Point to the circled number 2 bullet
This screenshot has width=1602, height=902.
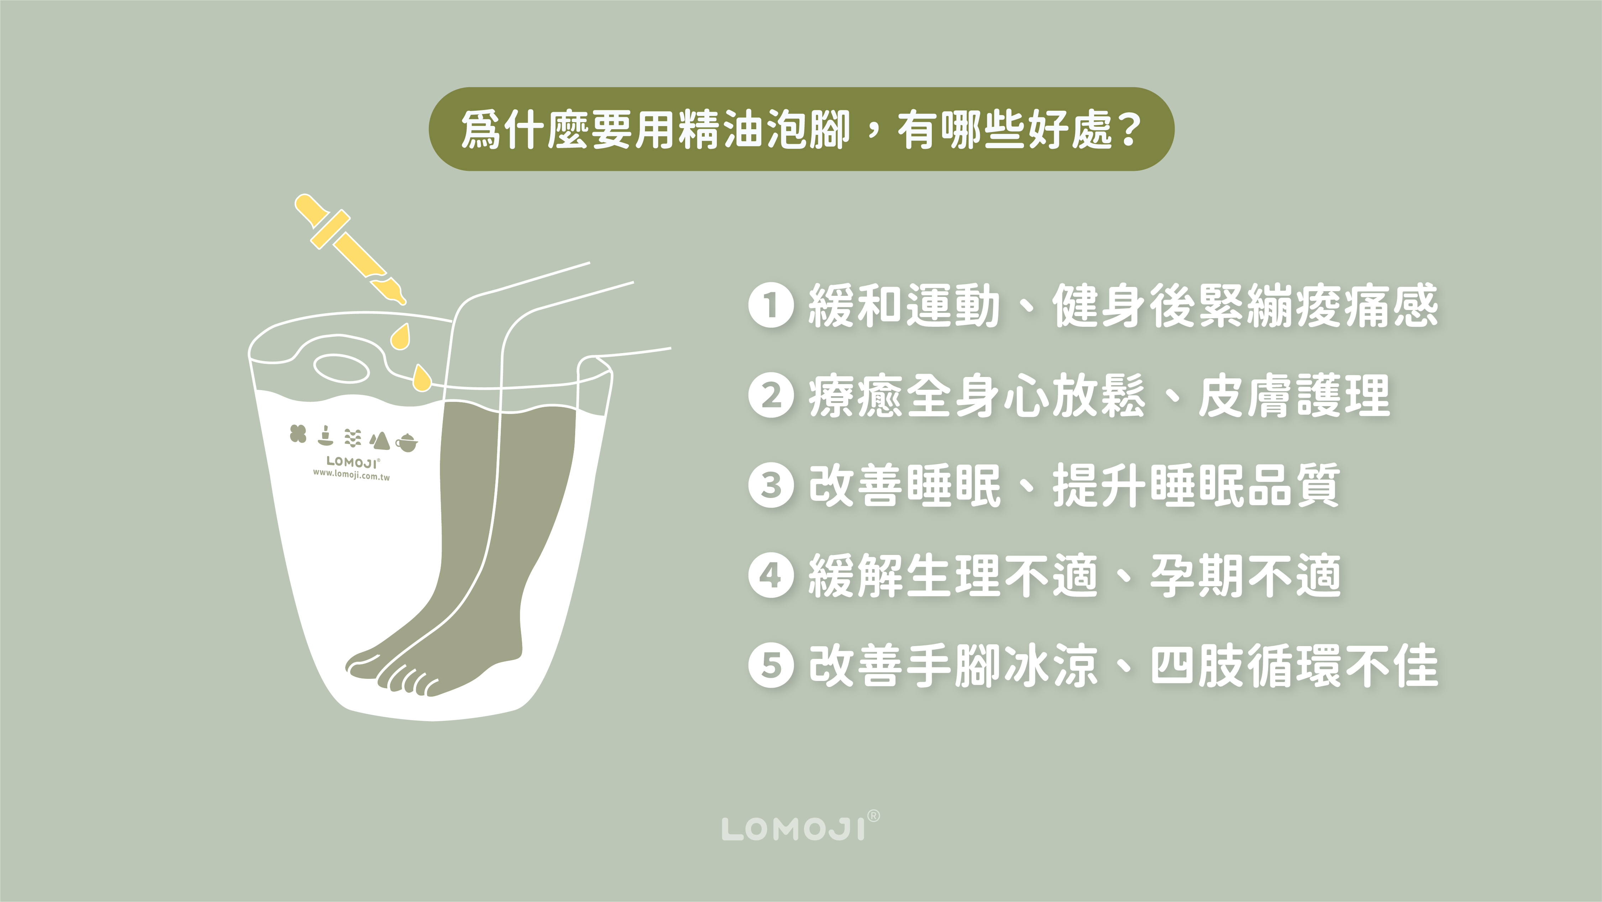pyautogui.click(x=771, y=395)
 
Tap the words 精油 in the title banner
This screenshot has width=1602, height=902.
pyautogui.click(x=698, y=129)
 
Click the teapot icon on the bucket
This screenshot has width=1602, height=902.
pyautogui.click(x=407, y=442)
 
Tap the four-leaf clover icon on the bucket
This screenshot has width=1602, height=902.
pyautogui.click(x=299, y=434)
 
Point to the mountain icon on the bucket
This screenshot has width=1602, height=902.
pyautogui.click(x=379, y=440)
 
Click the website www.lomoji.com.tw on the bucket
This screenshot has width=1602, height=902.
pyautogui.click(x=351, y=474)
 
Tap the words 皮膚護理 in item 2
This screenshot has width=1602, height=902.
pyautogui.click(x=1293, y=395)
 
